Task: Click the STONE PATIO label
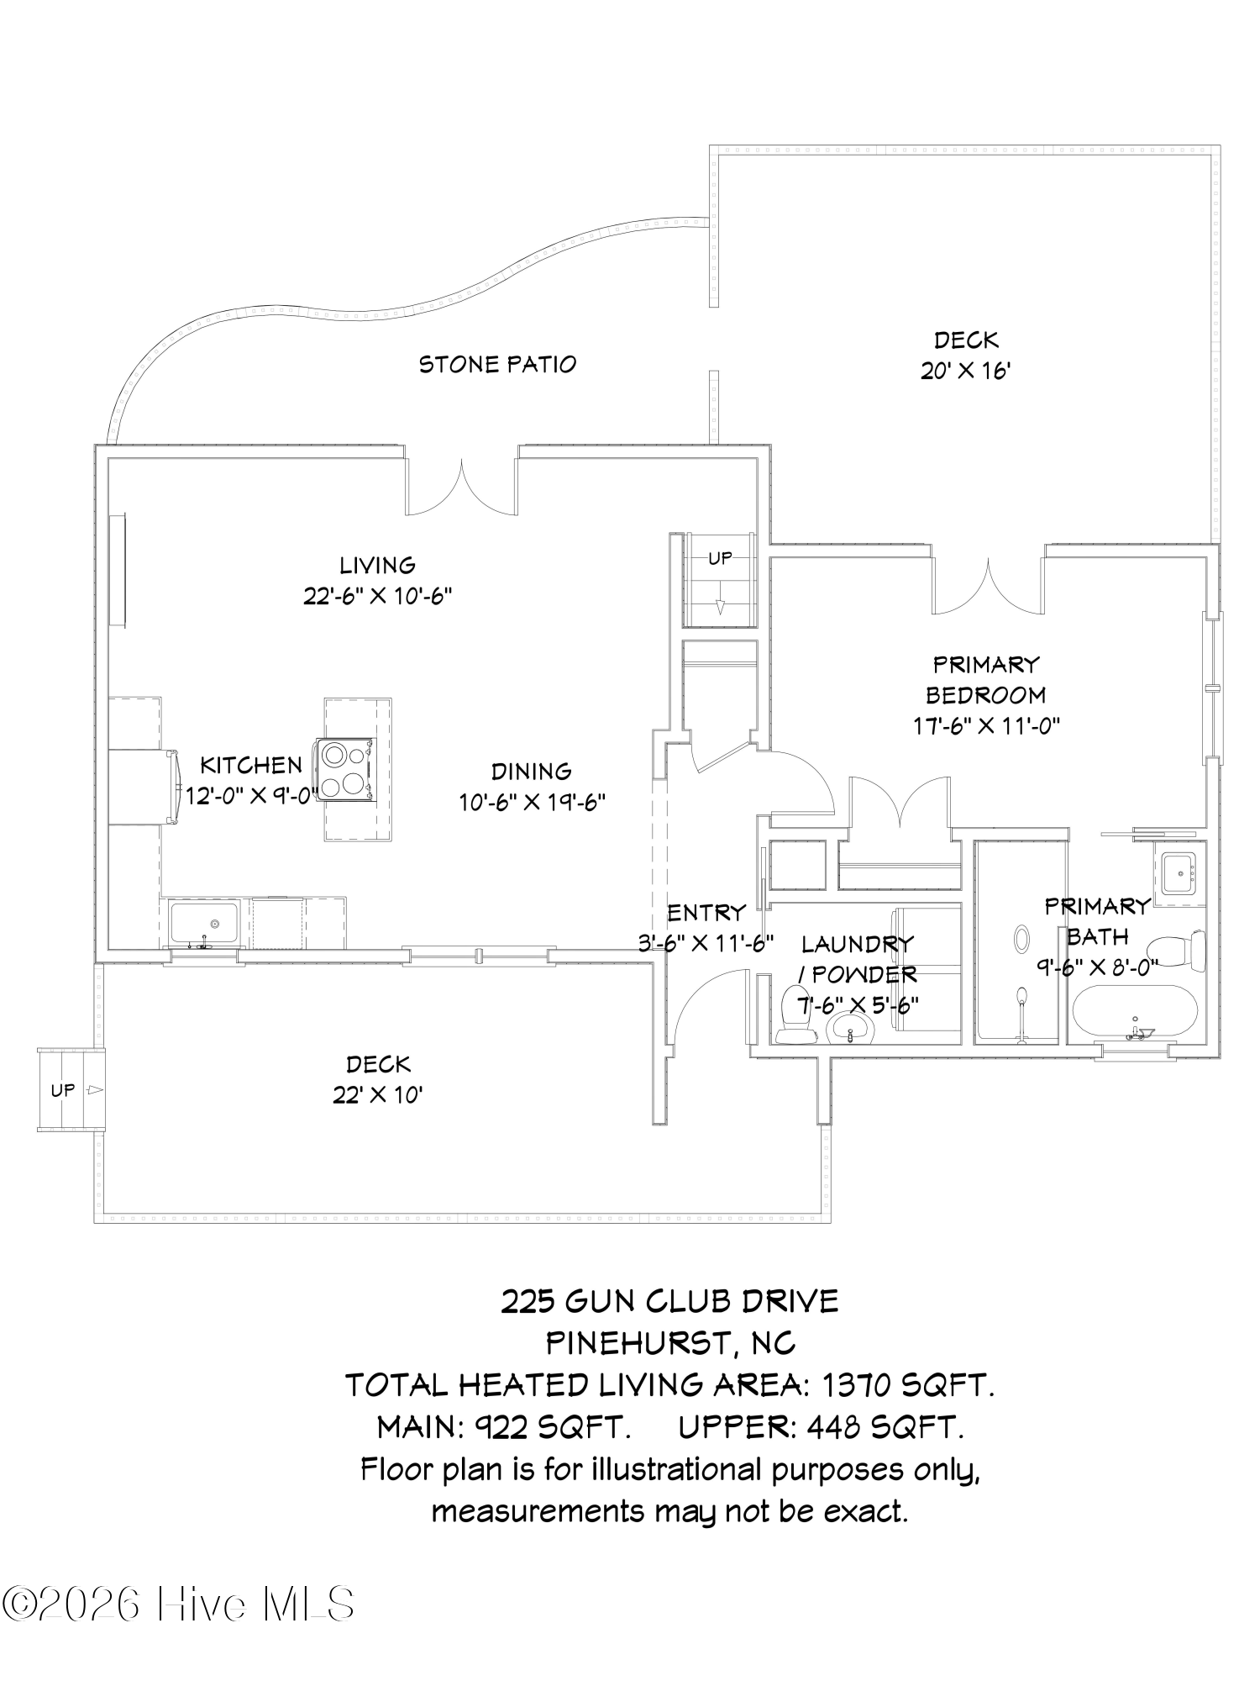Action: point(497,364)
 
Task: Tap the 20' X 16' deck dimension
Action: point(965,371)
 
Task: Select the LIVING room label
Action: point(377,565)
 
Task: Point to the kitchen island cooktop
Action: point(346,767)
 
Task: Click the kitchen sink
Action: point(205,924)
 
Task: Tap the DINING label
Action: point(531,771)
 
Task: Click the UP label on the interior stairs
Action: point(720,557)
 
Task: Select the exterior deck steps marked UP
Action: point(71,1090)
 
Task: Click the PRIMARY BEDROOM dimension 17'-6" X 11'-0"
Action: point(986,725)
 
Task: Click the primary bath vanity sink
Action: point(1179,874)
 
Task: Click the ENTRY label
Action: point(706,912)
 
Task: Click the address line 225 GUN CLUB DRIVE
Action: point(669,1302)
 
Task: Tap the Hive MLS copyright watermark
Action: point(178,1604)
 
